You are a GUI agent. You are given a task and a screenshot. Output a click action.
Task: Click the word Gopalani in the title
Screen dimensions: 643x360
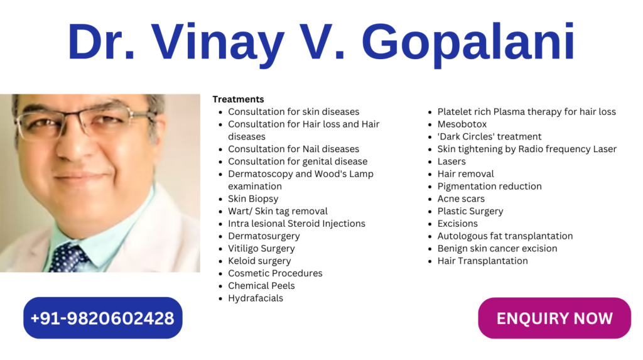[x=468, y=43]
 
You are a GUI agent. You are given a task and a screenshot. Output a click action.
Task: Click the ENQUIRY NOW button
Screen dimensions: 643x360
[x=554, y=318]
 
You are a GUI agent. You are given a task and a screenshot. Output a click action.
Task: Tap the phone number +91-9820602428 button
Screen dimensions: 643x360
[x=102, y=318]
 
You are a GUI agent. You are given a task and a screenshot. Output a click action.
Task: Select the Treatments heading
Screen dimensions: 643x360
[x=238, y=99]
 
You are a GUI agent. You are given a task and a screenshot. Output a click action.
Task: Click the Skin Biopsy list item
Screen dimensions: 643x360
[x=253, y=199]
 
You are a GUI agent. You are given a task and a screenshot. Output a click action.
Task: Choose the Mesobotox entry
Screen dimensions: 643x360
[x=462, y=124]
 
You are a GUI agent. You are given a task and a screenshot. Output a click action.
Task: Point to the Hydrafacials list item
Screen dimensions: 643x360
[x=256, y=298]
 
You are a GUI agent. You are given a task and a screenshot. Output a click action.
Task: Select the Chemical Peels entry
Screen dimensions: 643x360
[x=261, y=286]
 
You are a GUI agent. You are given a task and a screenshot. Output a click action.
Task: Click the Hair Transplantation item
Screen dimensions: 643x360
[x=482, y=261]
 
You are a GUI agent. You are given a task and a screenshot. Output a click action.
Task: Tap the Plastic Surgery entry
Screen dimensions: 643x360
[x=470, y=211]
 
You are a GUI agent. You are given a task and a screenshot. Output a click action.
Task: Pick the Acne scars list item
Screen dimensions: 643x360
[x=461, y=199]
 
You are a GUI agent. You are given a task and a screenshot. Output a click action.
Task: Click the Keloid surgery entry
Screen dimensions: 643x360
[x=259, y=261]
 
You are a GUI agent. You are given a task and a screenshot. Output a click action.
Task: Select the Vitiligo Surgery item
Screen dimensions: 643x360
[x=261, y=248]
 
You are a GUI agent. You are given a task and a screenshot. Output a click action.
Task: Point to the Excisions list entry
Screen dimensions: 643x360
[x=457, y=223]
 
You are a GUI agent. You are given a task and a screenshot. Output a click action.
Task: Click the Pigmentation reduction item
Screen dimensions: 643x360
[x=489, y=187]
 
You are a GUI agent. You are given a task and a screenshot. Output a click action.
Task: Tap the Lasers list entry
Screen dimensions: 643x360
[x=451, y=161]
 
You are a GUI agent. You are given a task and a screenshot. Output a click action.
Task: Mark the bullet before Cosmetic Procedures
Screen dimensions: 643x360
[x=220, y=274]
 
